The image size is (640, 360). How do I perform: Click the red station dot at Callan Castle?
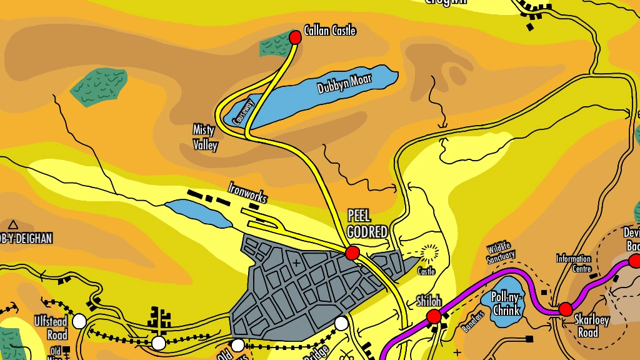pos(296,37)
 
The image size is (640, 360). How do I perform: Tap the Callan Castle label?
pos(329,30)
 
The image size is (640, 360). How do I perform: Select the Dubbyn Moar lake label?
pos(344,84)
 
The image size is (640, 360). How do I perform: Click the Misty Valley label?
pos(204,137)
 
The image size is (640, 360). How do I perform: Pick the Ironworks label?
pos(247,192)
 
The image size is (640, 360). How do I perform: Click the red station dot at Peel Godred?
pos(352,252)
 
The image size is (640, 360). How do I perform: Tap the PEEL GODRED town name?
pos(367,224)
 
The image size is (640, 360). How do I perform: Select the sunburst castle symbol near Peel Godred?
pos(429,253)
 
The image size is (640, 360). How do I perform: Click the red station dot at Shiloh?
pos(434,316)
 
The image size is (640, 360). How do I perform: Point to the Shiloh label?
pos(429,301)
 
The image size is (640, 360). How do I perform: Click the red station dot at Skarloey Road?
pos(566,309)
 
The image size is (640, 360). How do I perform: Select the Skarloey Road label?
pos(591,326)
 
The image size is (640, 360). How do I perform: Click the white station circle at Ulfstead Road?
pos(79,321)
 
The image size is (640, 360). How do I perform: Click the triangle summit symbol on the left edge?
pos(12,224)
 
